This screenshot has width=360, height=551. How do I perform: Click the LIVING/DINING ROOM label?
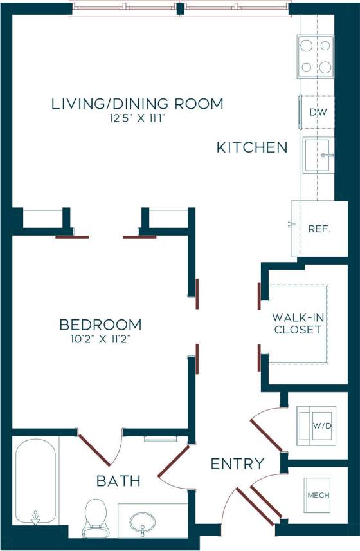[x=137, y=103]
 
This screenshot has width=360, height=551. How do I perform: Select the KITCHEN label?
[x=251, y=148]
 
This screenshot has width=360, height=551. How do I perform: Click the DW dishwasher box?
[x=318, y=112]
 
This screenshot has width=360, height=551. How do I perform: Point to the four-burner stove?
[x=316, y=56]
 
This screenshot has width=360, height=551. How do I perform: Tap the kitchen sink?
[x=318, y=155]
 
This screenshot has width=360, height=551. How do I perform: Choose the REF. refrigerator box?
[x=319, y=229]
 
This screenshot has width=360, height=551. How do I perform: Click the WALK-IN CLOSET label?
[x=297, y=323]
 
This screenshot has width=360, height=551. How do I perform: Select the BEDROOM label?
[x=100, y=324]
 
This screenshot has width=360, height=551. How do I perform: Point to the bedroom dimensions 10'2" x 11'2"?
[x=100, y=338]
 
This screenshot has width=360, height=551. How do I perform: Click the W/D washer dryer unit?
[x=316, y=425]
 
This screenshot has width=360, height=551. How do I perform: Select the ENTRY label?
[x=237, y=463]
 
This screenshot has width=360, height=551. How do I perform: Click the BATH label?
[x=118, y=481]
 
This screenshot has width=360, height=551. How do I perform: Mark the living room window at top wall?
[x=181, y=9]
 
